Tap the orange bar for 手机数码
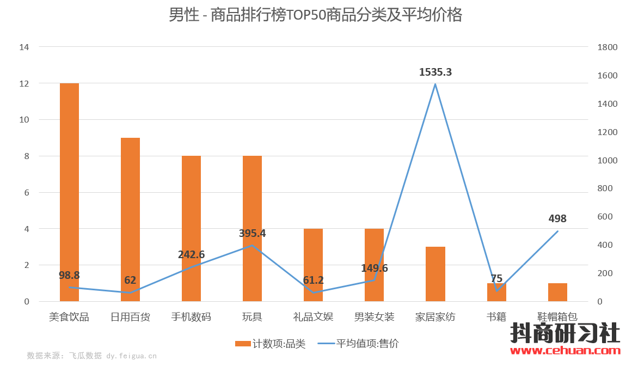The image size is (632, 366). pos(191,228)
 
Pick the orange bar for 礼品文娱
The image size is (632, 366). pos(313,265)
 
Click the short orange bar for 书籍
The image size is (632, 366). pos(496,292)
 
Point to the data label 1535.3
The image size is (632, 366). pos(435,72)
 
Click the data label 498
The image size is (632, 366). pos(557,218)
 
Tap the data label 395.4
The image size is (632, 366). pos(252,233)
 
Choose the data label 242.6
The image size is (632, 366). pos(191,254)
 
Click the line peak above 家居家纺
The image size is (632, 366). pos(435,84)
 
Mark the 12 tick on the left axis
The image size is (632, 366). pos(24,83)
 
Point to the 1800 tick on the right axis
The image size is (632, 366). pos(607,47)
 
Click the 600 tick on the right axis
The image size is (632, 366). pos(605,217)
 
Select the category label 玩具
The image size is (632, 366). pos(252,316)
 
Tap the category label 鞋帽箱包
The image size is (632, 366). pos(557,316)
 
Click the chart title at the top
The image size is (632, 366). pos(315,15)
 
